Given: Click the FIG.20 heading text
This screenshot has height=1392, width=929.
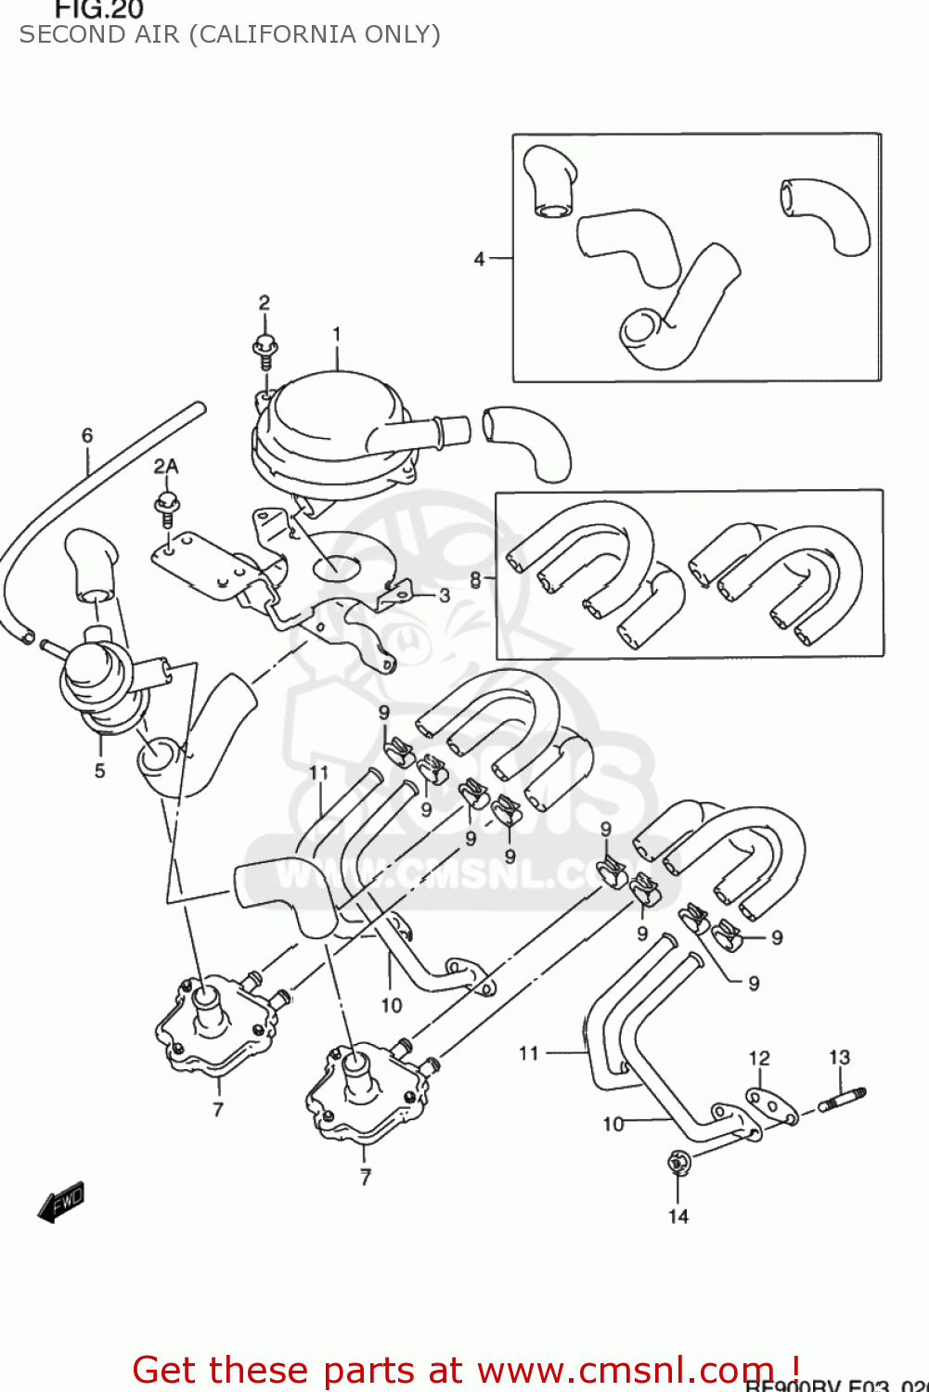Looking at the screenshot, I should click(x=98, y=10).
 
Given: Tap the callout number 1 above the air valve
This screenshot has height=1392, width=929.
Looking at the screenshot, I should click(x=337, y=334).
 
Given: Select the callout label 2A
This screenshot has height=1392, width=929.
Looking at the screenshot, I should click(x=166, y=466).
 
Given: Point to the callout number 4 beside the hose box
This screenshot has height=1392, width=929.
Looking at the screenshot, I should click(x=479, y=259).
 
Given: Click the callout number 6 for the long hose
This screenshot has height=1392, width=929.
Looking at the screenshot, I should click(x=87, y=435).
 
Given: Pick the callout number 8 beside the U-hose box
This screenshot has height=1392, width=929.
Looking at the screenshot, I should click(x=475, y=580).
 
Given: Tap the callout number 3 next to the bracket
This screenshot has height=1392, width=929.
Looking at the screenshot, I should click(x=445, y=595).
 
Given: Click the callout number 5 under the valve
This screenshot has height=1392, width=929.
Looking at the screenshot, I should click(x=99, y=770).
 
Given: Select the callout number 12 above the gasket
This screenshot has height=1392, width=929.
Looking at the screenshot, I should click(x=759, y=1058).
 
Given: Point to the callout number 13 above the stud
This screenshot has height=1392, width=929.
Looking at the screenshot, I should click(x=839, y=1057).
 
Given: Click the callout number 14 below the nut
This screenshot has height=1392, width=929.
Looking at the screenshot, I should click(x=678, y=1216).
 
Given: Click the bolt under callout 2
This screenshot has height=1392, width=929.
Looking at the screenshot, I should click(x=265, y=349).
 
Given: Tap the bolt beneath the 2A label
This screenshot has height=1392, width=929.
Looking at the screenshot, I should click(x=167, y=507).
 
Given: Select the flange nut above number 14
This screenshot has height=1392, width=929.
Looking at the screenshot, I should click(x=677, y=1161).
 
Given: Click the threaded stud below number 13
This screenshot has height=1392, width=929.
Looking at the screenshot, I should click(x=843, y=1099).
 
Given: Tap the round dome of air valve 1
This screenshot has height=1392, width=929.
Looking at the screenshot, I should click(x=329, y=409).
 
